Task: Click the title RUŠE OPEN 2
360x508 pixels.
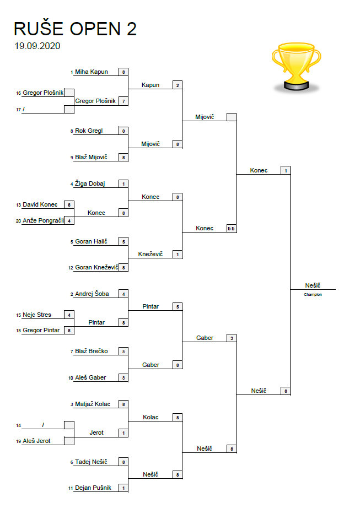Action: click(75, 29)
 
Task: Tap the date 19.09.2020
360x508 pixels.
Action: click(37, 46)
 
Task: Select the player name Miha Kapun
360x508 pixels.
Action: click(92, 72)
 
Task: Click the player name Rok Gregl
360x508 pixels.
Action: click(89, 131)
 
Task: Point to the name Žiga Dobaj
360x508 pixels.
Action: click(90, 183)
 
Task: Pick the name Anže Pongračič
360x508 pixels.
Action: click(43, 221)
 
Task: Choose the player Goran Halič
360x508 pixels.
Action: click(91, 241)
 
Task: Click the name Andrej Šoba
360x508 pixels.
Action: click(92, 294)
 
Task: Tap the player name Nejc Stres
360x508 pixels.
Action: click(37, 315)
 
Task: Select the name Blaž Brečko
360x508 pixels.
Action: click(91, 351)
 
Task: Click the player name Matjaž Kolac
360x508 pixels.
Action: click(93, 404)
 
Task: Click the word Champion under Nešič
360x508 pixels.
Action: click(313, 295)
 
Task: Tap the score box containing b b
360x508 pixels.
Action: click(231, 228)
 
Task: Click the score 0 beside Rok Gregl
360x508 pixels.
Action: click(123, 131)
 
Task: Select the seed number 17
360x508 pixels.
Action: click(18, 110)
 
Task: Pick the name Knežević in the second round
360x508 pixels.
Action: click(151, 254)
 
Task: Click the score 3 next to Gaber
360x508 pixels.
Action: click(232, 338)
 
